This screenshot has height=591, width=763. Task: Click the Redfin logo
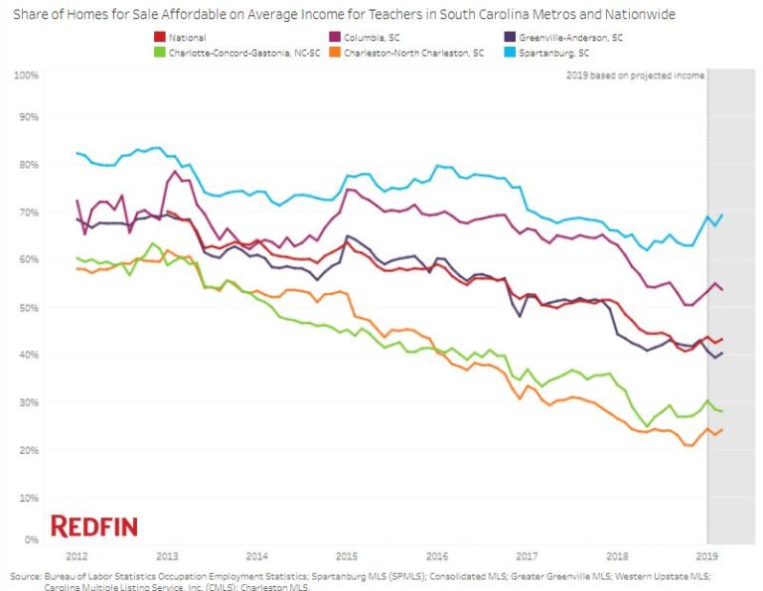[94, 526]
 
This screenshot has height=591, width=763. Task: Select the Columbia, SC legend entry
[372, 38]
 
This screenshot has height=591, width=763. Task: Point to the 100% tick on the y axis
[27, 75]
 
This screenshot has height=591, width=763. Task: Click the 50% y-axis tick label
[29, 308]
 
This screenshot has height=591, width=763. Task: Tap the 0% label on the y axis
[31, 540]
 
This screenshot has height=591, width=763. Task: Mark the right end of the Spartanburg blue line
[721, 215]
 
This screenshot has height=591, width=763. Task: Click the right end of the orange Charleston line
[721, 429]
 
